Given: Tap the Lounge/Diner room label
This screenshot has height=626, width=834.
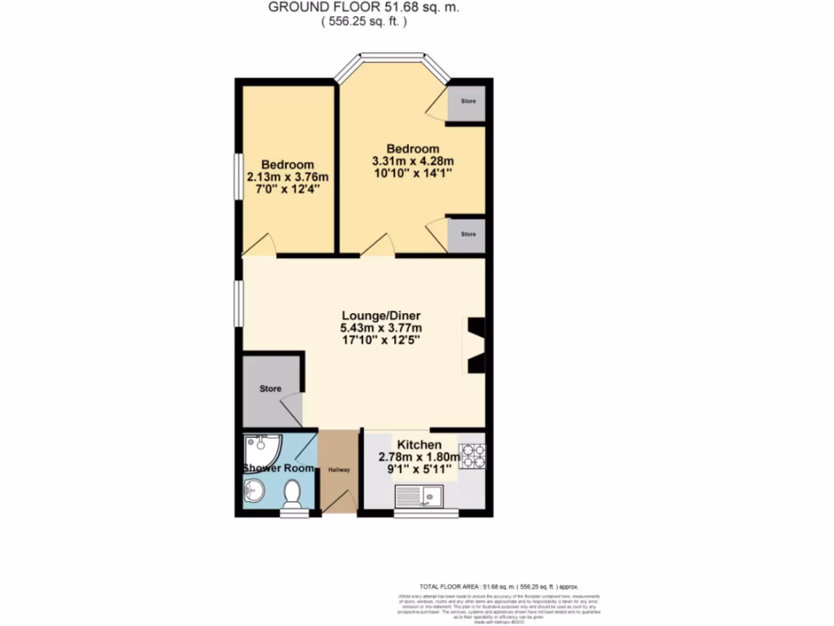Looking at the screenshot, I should pos(380,315).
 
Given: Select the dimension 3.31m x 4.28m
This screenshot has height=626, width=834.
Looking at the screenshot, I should pos(412,161).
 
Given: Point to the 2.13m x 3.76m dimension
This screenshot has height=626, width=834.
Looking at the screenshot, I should pos(288,177).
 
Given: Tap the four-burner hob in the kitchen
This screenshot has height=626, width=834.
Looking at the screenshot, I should pos(472,456).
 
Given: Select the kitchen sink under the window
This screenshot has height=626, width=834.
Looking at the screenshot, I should pos(419,494).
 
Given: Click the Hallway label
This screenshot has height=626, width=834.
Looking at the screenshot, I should pos(338,469).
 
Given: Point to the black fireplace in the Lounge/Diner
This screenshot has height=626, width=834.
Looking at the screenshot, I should pos(475,345).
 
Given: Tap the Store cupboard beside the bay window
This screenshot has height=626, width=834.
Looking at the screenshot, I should pos(467,102).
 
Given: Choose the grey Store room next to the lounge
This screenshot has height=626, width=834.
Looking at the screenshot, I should pos(271,390).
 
